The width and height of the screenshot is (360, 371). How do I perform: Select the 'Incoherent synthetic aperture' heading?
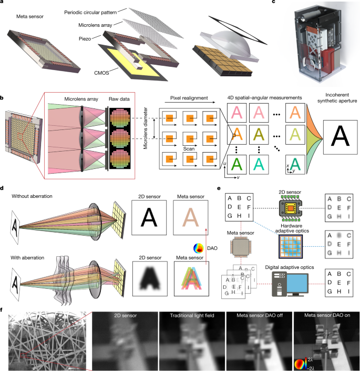pos(334,101)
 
